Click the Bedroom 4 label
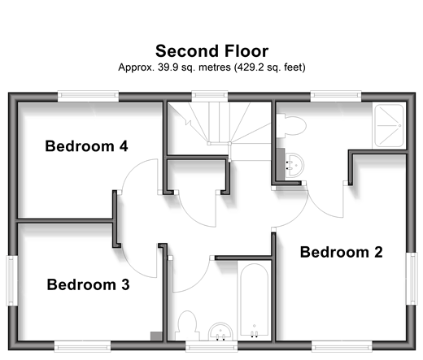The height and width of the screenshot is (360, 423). click(86, 146)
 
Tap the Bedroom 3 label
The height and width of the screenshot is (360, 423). click(88, 284)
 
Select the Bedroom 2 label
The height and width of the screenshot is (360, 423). click(341, 252)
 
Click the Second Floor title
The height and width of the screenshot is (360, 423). click(211, 51)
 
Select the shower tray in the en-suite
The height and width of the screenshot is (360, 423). click(389, 125)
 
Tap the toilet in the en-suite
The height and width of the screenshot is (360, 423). click(291, 125)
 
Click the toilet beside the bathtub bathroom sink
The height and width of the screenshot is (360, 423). click(186, 326)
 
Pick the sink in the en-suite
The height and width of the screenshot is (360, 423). click(294, 165)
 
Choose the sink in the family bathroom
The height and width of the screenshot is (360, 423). click(220, 332)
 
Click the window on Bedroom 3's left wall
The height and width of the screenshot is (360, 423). click(11, 280)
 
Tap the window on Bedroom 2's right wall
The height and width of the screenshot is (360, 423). click(412, 279)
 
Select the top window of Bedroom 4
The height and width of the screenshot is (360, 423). click(88, 96)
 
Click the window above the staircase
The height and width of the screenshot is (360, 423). click(210, 96)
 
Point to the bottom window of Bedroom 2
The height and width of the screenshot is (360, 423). click(342, 346)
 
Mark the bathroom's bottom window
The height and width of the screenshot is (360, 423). click(211, 346)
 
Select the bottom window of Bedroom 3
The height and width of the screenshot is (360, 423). click(82, 346)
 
